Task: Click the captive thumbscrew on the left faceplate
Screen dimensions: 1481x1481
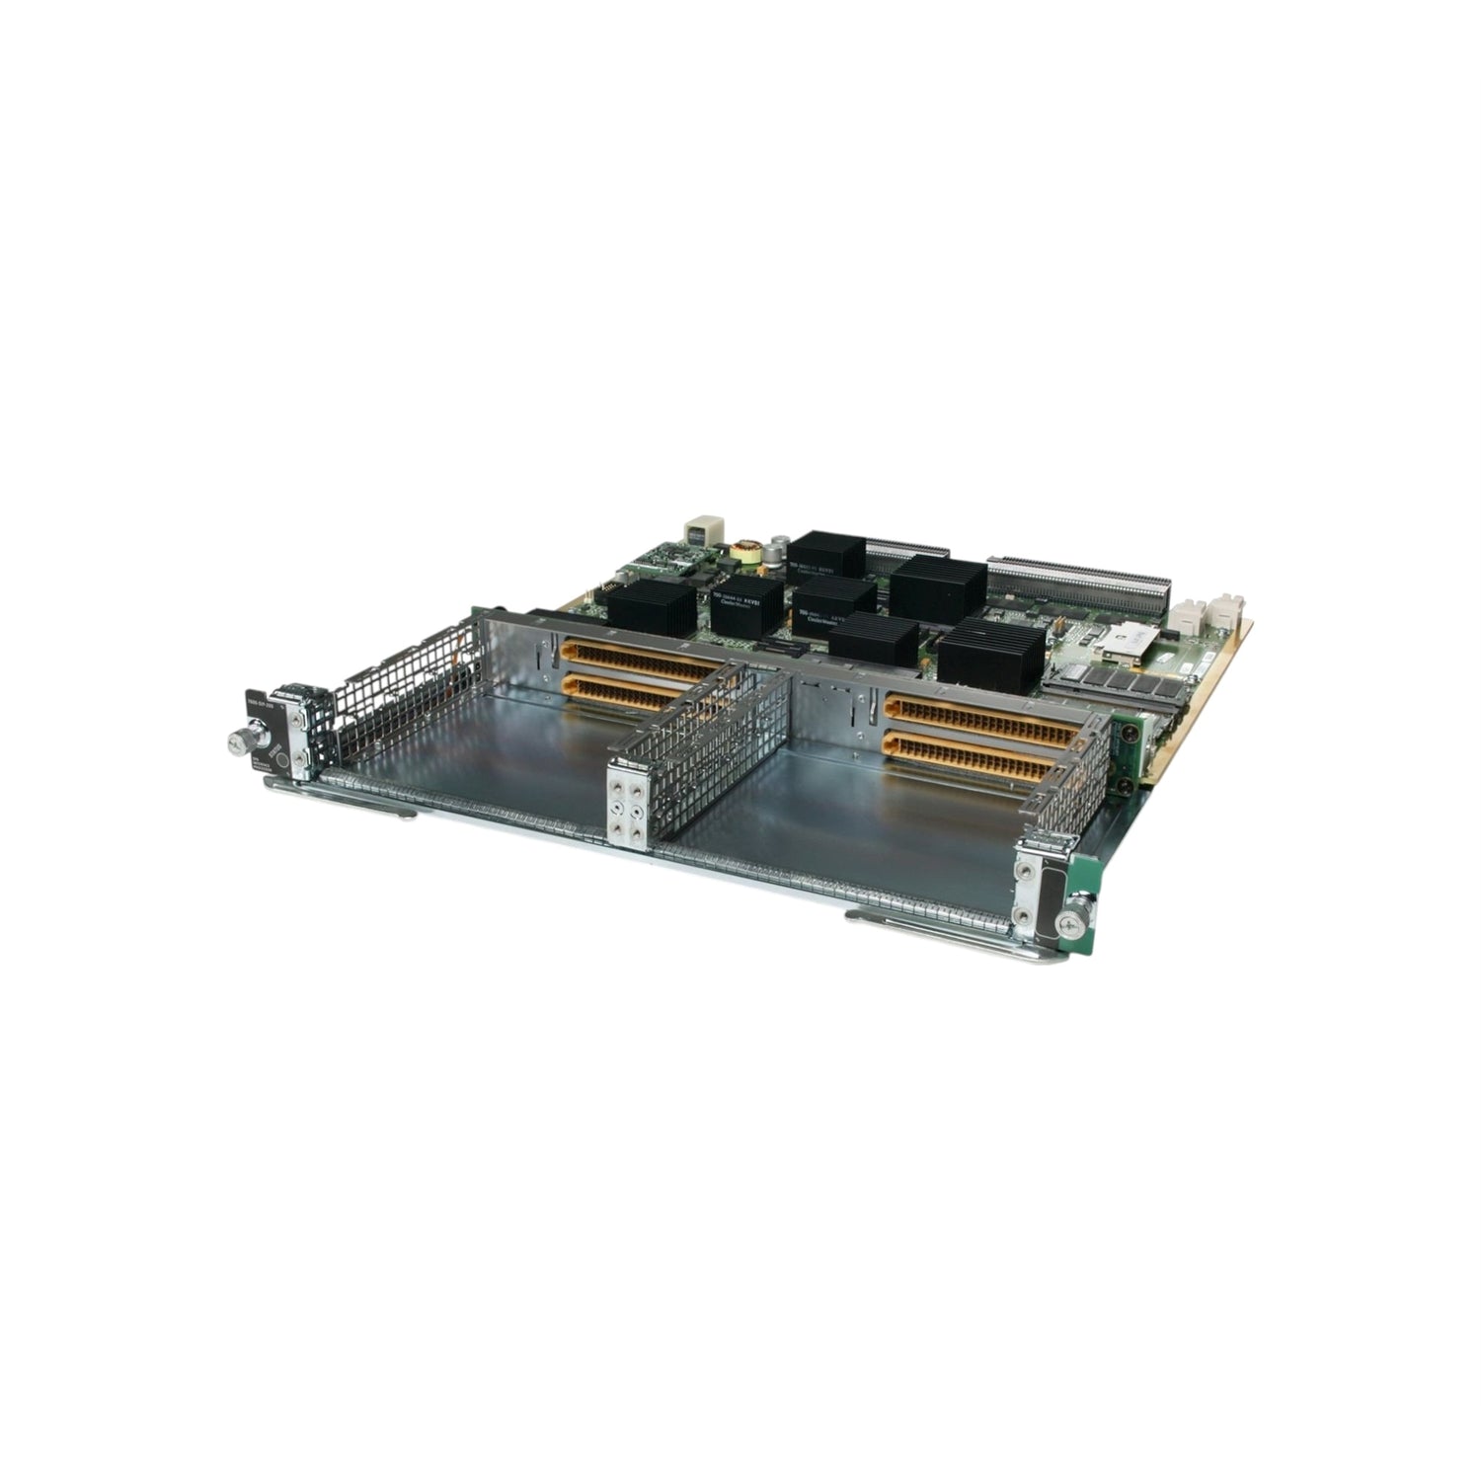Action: point(240,740)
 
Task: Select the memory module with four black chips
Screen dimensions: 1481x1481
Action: point(1115,680)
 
